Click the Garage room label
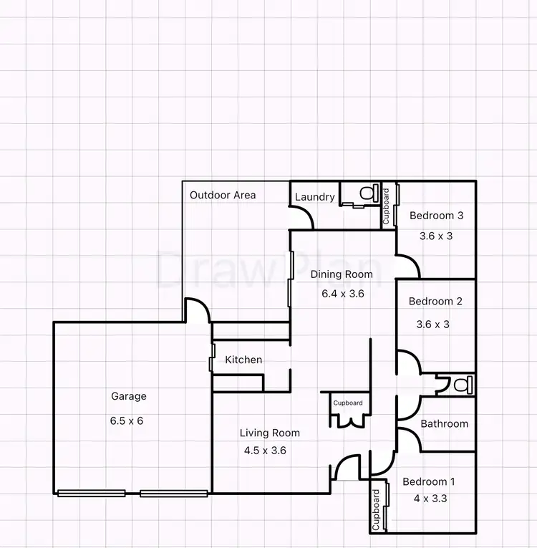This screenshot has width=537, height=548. tap(129, 396)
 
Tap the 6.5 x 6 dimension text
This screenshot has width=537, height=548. tap(127, 420)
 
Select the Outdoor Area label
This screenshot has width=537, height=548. tap(223, 195)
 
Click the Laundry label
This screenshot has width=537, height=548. tap(315, 197)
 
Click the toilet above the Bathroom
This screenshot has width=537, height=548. tap(460, 384)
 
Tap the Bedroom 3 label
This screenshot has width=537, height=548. tap(436, 215)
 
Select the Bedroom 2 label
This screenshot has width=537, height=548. tap(435, 302)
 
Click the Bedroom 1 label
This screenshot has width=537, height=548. tap(428, 482)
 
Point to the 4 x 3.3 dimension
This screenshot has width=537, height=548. tap(430, 499)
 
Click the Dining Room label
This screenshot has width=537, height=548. tap(342, 274)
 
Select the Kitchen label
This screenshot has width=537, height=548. tap(243, 360)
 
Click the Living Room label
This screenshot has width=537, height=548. tap(270, 433)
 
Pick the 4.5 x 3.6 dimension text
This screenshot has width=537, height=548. tap(266, 451)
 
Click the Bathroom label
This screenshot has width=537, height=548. tap(444, 423)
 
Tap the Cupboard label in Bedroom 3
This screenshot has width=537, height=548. tap(386, 206)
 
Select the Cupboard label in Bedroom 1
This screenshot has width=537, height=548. tap(377, 509)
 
